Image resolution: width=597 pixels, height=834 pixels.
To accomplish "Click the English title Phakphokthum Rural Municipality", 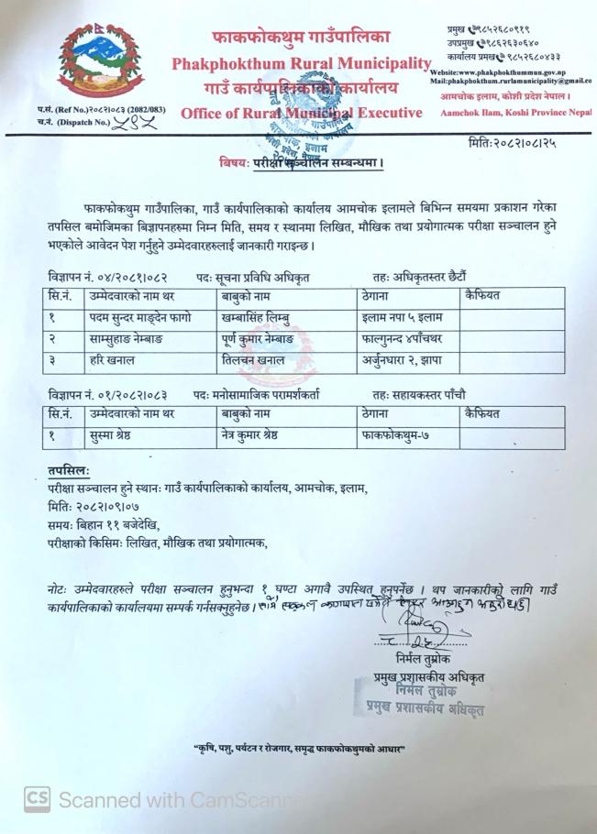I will pos(301,65).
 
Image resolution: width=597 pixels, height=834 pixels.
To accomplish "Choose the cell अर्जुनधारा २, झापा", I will pos(401,361).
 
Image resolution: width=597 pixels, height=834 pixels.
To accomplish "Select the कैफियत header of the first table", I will pos(487,297).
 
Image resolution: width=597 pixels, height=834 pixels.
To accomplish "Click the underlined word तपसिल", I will pos(70,470).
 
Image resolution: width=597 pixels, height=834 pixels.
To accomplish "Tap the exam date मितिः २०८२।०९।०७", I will pos(96,507).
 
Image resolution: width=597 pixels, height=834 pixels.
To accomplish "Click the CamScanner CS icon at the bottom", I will pos(37,799).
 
